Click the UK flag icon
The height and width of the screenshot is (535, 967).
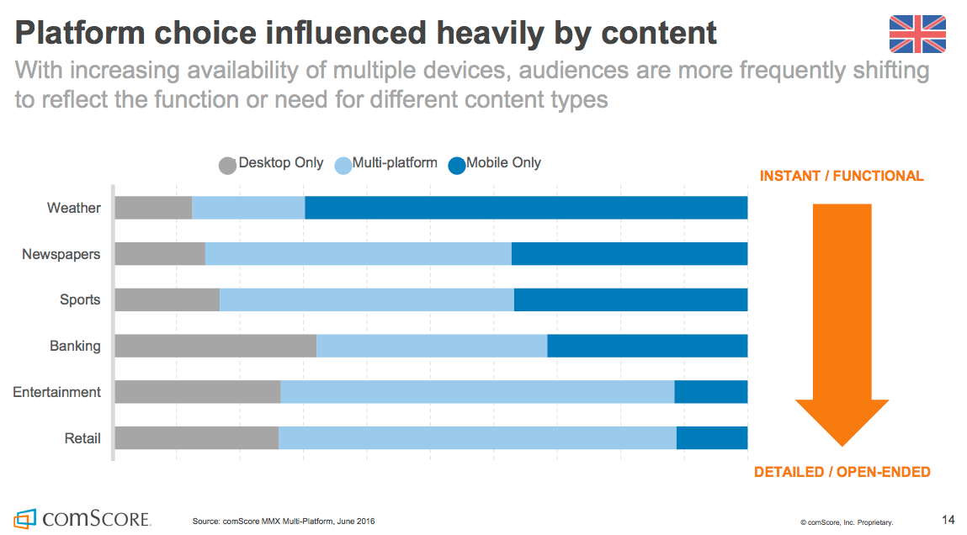click(x=917, y=34)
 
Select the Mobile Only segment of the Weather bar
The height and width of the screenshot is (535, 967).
click(x=526, y=208)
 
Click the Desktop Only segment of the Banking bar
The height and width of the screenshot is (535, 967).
click(x=215, y=346)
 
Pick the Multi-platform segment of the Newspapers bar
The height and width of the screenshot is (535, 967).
click(x=359, y=254)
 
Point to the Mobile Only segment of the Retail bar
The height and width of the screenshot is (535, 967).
click(x=712, y=437)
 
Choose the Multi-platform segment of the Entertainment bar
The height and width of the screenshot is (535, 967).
click(x=477, y=392)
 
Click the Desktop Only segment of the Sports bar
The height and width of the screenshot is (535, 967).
click(x=167, y=300)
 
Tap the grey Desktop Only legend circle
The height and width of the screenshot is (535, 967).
click(x=227, y=165)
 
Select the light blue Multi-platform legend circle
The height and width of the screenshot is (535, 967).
click(x=343, y=165)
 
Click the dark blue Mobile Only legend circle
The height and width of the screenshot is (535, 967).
click(x=456, y=165)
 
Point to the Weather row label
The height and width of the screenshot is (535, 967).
click(x=73, y=208)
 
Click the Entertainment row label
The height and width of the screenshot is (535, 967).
click(x=56, y=392)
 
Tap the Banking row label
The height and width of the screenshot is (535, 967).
click(x=75, y=346)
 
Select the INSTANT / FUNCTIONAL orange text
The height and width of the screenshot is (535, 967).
click(x=842, y=176)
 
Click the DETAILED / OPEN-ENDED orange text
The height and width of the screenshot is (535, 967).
click(x=842, y=472)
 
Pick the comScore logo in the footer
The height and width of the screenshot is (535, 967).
click(x=82, y=517)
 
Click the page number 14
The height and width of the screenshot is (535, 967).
click(x=948, y=519)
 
